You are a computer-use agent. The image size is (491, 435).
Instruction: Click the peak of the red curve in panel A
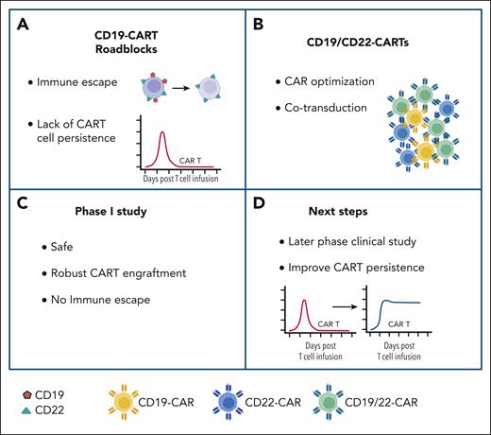tap(162, 131)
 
